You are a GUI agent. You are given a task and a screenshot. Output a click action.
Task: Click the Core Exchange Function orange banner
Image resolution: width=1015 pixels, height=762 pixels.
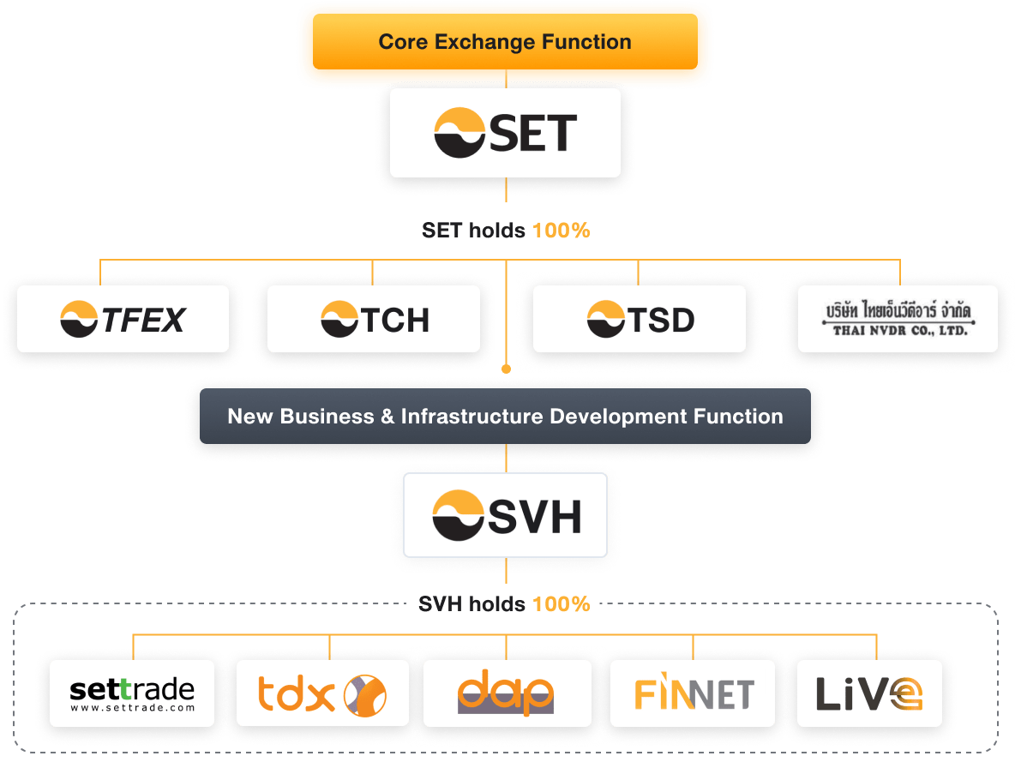(x=505, y=42)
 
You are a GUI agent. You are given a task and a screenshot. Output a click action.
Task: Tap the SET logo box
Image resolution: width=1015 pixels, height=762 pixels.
(x=505, y=134)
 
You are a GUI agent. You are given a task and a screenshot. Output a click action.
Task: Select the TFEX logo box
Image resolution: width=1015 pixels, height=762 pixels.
(x=123, y=320)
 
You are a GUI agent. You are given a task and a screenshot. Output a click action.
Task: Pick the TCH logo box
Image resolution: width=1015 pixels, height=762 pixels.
(x=373, y=320)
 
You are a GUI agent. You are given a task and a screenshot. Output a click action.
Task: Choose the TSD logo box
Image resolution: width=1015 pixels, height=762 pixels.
(x=639, y=320)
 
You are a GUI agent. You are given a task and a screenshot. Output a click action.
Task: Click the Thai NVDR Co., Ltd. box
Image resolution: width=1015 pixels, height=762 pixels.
(x=898, y=320)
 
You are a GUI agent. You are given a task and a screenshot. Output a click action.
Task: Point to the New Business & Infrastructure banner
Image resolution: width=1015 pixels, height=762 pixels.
(x=505, y=417)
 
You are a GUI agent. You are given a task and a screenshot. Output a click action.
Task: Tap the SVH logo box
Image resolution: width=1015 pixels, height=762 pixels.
(x=505, y=514)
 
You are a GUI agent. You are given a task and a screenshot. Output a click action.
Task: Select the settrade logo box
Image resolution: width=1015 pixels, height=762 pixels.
(x=132, y=693)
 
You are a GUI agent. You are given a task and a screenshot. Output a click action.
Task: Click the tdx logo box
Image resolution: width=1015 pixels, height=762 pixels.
(x=322, y=693)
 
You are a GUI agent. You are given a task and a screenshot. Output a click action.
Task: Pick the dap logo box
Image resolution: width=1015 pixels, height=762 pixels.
(x=505, y=693)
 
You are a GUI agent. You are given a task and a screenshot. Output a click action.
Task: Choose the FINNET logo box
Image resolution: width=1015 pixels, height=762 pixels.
(x=693, y=693)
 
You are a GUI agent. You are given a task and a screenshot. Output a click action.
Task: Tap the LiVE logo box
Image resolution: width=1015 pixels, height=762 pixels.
(x=868, y=693)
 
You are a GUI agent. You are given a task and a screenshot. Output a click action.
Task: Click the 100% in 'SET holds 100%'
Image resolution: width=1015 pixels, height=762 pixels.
(x=562, y=231)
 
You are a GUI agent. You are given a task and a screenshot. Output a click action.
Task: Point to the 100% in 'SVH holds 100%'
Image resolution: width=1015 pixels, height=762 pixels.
(x=562, y=604)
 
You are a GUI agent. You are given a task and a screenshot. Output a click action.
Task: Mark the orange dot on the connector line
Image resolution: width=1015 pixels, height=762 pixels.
(x=506, y=369)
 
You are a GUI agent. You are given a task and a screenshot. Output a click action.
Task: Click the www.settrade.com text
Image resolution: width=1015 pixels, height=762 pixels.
(x=132, y=708)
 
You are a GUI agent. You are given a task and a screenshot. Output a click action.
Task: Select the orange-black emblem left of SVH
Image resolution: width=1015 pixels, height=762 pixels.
(x=458, y=515)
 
